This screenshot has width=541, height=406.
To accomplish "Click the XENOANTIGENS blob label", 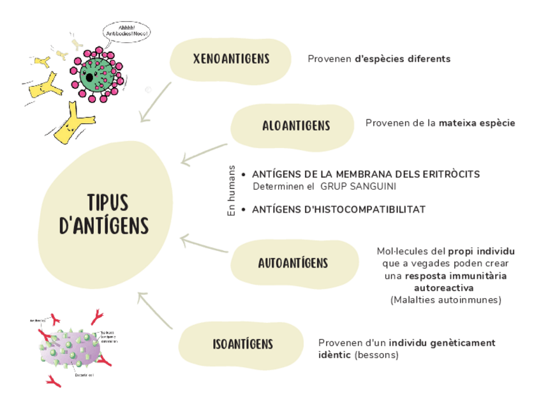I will point(231,59).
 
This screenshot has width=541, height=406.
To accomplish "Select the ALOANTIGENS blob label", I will point(296,126).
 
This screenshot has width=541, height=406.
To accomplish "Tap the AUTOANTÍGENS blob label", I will point(293,263).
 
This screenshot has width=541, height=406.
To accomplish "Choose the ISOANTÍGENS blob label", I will point(242,345).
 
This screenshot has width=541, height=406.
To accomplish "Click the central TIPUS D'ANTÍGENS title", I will point(103,214).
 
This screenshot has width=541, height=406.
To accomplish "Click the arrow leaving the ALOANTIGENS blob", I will point(203,154).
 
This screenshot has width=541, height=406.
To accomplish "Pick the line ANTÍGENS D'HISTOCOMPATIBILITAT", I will point(338,209).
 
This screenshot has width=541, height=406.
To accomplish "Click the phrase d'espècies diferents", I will point(403,59).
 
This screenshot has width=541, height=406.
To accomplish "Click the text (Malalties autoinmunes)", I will point(445,300).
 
